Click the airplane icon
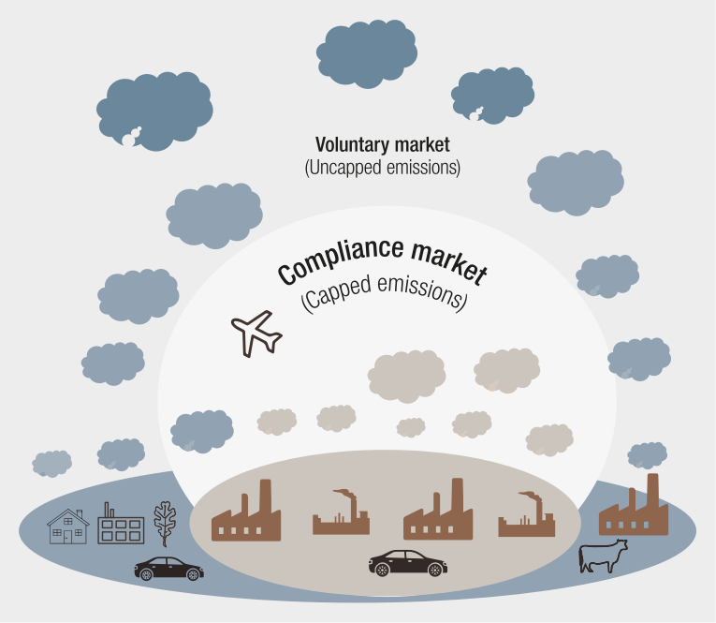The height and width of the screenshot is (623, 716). (256, 333)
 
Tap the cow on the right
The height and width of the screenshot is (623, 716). (603, 557)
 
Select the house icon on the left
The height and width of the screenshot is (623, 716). (68, 527)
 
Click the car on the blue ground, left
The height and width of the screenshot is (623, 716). (169, 568)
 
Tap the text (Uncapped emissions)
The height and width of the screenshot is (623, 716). (383, 169)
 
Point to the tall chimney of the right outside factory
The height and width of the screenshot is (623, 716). (652, 490)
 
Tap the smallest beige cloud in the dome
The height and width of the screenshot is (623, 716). (411, 427)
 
